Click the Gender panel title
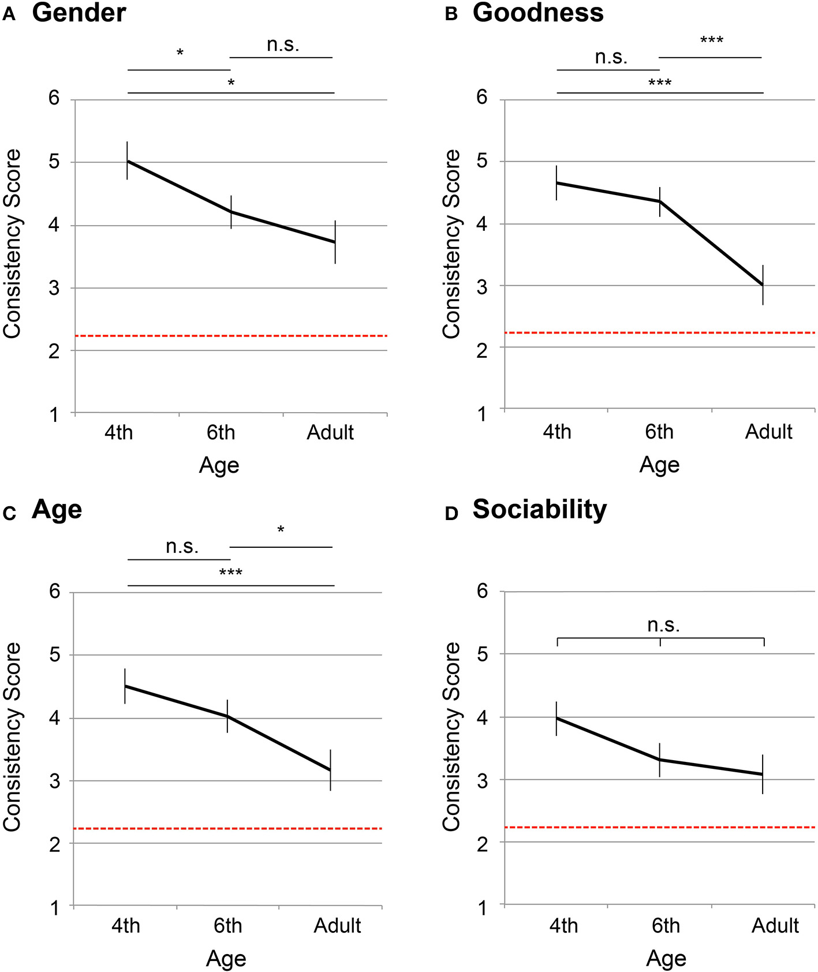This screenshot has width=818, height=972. [79, 13]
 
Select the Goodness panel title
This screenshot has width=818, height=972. [537, 13]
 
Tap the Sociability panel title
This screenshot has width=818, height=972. [539, 509]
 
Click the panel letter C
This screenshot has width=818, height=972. [9, 513]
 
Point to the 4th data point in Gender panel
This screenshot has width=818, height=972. [127, 161]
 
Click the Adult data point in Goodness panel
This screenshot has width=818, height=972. [763, 285]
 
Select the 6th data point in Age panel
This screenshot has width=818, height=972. [227, 716]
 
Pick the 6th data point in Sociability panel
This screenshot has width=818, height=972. [659, 760]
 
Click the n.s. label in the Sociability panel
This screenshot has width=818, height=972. [663, 625]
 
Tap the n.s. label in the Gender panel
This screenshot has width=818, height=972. [283, 44]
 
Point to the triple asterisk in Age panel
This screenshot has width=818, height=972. [230, 573]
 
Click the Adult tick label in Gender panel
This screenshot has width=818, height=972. [330, 432]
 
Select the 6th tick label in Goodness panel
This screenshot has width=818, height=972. [659, 432]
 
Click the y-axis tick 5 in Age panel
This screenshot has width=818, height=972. [55, 655]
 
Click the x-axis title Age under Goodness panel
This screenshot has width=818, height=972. [659, 465]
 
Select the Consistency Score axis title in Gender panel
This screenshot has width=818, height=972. [13, 244]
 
